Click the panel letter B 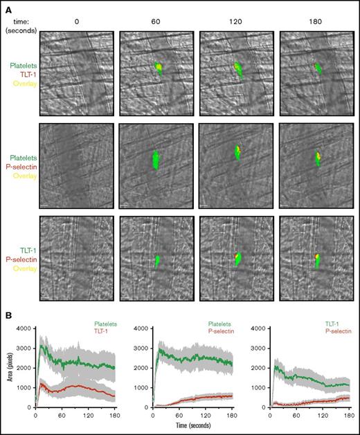(x=6, y=314)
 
